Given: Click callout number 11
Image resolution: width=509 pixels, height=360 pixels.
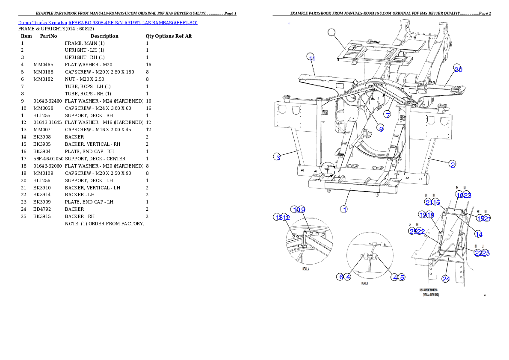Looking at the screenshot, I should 311,59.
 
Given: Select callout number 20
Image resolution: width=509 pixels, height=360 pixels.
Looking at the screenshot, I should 458,69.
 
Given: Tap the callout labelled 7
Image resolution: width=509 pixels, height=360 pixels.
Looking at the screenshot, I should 387,115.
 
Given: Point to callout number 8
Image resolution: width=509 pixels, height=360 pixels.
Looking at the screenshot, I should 380,128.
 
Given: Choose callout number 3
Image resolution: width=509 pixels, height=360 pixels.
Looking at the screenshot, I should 278,157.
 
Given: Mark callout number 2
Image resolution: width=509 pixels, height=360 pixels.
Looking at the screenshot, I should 452,164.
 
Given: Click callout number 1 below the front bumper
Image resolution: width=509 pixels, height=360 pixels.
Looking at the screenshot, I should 343,209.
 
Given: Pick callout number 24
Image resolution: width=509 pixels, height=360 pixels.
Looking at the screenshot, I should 446,279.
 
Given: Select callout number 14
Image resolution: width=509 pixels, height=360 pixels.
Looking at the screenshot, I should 479,234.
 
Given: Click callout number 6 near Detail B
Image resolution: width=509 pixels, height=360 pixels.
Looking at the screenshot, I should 340,277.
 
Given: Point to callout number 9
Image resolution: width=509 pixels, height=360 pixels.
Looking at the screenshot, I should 302,210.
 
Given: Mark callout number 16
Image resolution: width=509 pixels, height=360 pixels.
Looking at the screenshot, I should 459,195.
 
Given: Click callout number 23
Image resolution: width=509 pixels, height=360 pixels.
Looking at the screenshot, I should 467,195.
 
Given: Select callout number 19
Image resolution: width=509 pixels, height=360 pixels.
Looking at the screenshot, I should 423,215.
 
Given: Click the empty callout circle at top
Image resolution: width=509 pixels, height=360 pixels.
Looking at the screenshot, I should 332,32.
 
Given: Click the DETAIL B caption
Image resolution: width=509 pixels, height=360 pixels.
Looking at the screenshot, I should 364,283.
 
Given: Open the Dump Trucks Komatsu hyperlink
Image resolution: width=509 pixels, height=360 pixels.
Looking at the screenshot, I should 107,23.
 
